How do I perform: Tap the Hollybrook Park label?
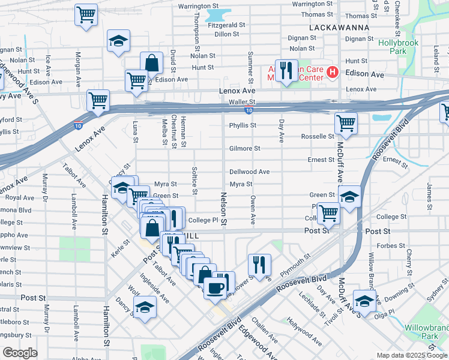click(x=393, y=47)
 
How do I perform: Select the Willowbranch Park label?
click(x=429, y=332)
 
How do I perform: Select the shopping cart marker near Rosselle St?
click(x=346, y=123)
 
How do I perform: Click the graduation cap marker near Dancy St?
click(x=144, y=308)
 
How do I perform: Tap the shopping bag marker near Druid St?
click(x=152, y=62)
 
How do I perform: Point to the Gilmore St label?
click(x=244, y=148)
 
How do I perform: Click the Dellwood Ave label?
click(x=249, y=172)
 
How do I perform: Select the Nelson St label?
click(x=223, y=209)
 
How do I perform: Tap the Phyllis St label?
click(x=243, y=125)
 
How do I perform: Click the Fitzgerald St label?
click(x=226, y=25)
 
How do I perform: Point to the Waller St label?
click(x=243, y=102)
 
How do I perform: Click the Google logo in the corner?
click(x=20, y=353)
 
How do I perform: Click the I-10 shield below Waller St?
click(x=249, y=110)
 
